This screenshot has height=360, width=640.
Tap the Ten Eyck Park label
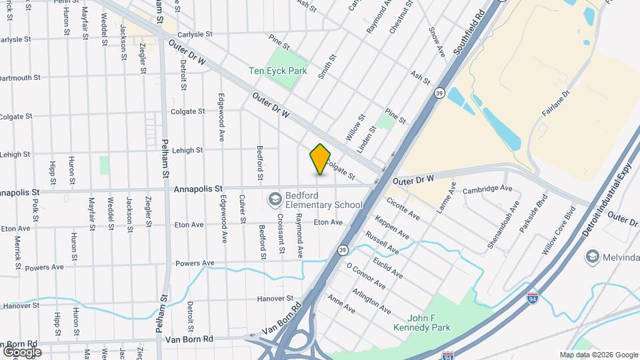coord(277,70)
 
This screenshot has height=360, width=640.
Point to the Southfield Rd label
coord(469,31)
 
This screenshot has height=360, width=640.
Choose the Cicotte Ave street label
coord(403,209)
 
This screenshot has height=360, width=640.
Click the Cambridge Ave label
coord(487,189)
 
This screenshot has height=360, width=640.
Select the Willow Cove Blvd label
coord(559,231)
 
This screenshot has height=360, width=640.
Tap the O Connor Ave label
coord(366,275)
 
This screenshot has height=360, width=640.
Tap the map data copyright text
coord(598,355)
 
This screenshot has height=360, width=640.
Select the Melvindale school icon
coord(592,257)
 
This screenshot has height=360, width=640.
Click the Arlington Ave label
coord(373,301)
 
